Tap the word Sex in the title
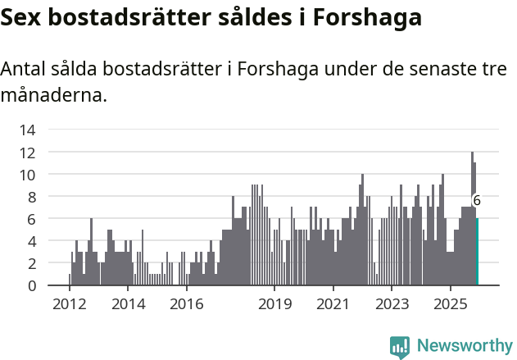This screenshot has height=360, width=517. click(x=22, y=18)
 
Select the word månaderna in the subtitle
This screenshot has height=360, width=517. click(x=54, y=95)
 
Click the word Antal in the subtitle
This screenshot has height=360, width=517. click(x=25, y=70)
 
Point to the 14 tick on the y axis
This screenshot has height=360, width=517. click(x=27, y=130)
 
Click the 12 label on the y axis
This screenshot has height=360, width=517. click(x=27, y=153)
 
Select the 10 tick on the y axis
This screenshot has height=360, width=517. click(x=27, y=175)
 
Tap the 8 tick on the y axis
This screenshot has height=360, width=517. click(x=31, y=197)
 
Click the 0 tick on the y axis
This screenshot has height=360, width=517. click(x=31, y=285)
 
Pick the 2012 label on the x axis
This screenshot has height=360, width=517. click(x=69, y=304)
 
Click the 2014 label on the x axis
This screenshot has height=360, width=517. click(x=128, y=304)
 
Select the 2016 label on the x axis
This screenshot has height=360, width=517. click(x=187, y=304)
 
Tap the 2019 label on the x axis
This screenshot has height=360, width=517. click(x=274, y=304)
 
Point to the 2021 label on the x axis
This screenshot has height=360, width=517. click(x=333, y=304)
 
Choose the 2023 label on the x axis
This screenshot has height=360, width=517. click(x=392, y=304)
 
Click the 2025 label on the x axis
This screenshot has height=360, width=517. click(x=451, y=304)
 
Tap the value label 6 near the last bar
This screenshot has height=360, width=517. click(x=477, y=200)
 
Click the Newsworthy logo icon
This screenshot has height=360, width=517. click(x=400, y=347)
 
